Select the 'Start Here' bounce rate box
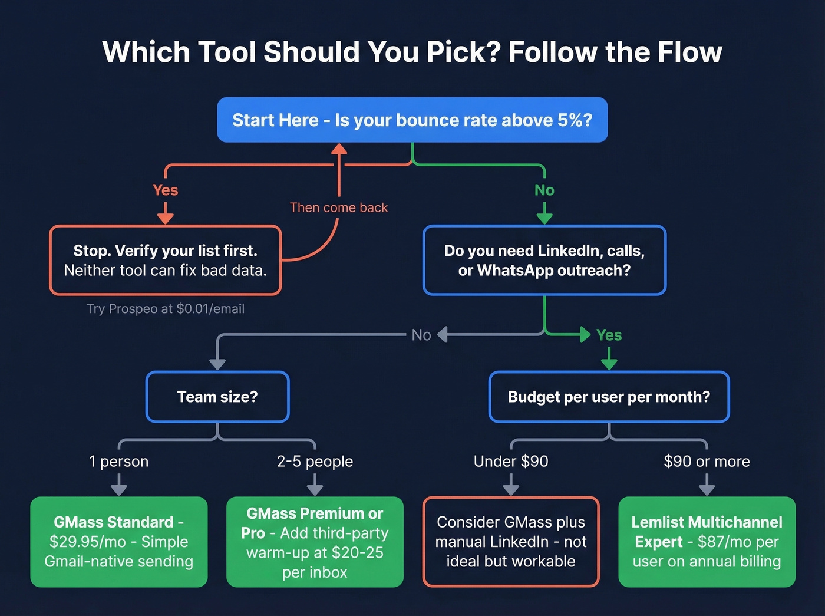[412, 120]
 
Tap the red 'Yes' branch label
[165, 190]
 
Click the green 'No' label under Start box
[544, 190]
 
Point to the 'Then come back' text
[338, 207]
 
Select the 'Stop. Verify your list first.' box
[165, 260]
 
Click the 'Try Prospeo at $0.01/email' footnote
[165, 309]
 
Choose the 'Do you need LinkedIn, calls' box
[544, 260]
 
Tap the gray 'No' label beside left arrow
[421, 335]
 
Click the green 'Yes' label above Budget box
[609, 335]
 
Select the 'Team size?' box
[217, 397]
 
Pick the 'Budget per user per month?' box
[609, 397]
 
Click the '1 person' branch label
[118, 461]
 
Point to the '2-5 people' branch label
[315, 461]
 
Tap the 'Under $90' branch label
[511, 461]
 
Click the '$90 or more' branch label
[707, 461]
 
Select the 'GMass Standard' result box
[118, 542]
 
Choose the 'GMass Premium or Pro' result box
[315, 542]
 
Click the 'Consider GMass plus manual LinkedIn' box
[511, 542]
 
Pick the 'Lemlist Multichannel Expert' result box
[707, 542]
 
